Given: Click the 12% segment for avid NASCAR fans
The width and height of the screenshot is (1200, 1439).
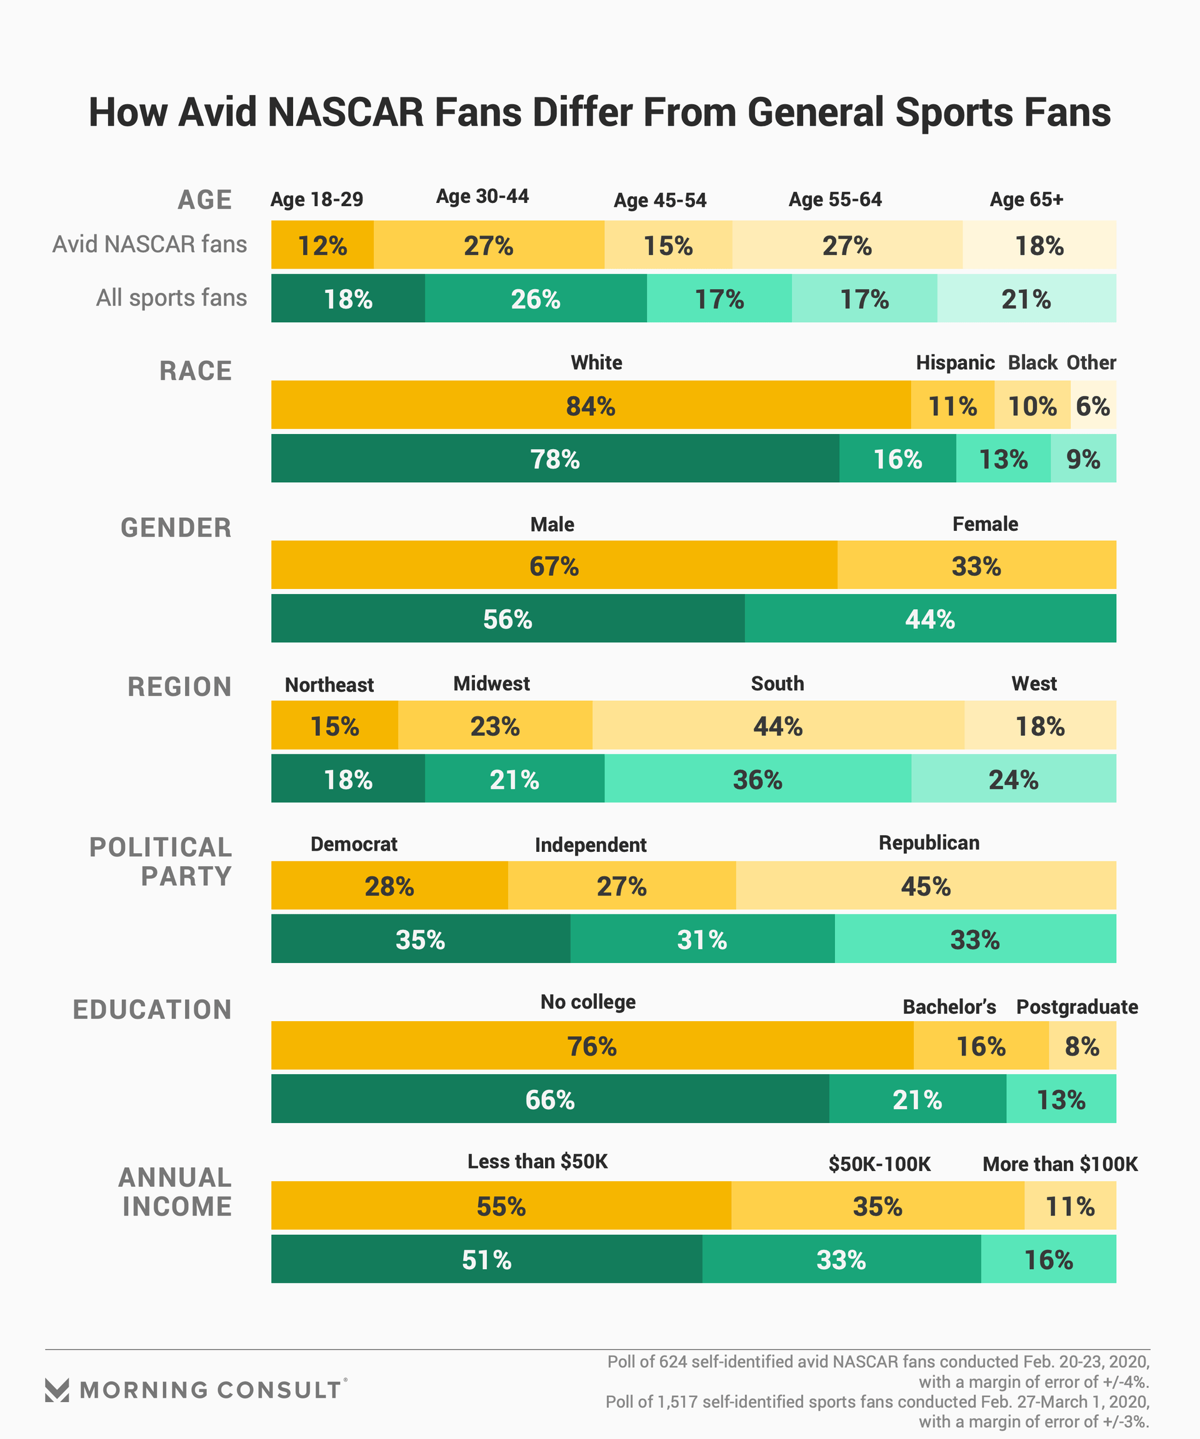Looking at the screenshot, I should pos(322,245).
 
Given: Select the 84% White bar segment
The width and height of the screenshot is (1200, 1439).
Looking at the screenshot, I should pos(591,405).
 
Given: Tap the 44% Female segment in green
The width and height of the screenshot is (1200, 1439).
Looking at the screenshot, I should pos(930,619).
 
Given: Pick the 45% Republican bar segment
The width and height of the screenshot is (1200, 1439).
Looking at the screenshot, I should pos(926,886).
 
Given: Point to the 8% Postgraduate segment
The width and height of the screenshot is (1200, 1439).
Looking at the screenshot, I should pos(1082,1046).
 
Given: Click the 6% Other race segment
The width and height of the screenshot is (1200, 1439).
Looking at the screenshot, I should pos(1093,405).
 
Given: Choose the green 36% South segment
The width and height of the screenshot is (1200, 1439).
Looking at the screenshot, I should pos(757,779).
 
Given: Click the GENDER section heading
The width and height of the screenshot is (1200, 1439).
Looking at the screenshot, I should pos(176,528).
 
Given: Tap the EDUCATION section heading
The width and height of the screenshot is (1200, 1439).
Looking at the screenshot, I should pos(152,1009).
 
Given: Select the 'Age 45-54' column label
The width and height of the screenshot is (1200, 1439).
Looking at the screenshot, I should pos(659,200).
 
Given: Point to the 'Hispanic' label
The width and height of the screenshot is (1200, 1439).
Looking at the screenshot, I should pos(955,362).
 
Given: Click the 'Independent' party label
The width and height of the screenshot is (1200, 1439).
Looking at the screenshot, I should pos(591,845).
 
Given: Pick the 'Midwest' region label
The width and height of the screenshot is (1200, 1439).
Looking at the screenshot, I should pos(492,683).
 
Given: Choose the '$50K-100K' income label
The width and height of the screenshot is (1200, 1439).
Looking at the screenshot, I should pos(880,1164).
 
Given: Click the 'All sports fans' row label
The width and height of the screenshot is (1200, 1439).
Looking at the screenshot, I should pos(171,298).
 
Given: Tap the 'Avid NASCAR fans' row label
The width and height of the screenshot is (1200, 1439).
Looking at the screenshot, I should pos(149,245).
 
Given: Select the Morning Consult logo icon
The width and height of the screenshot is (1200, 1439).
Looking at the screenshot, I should pos(57,1390).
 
